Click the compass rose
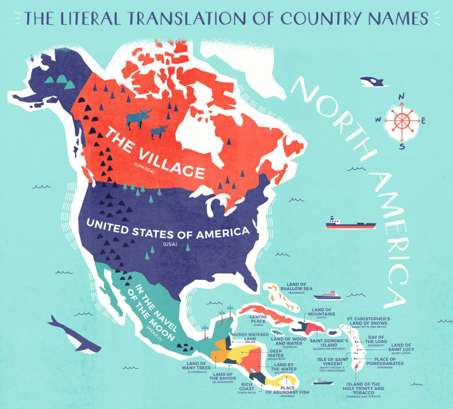tap(402, 121)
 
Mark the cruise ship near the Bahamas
tap(328, 295)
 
